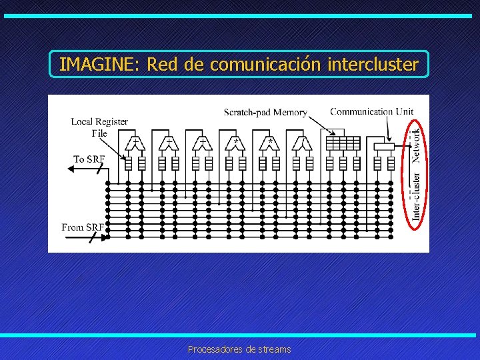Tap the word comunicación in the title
[x=265, y=65]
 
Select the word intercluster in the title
[x=373, y=65]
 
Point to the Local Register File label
[x=99, y=127]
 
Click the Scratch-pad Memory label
[x=265, y=113]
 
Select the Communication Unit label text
[x=371, y=112]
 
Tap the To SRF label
[x=89, y=159]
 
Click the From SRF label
[x=83, y=227]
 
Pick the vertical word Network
[x=416, y=141]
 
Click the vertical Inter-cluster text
[x=416, y=197]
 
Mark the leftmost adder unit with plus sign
[x=136, y=143]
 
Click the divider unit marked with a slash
[x=303, y=143]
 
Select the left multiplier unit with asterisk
[x=236, y=143]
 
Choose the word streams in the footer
[x=275, y=349]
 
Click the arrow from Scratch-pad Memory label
[x=317, y=125]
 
